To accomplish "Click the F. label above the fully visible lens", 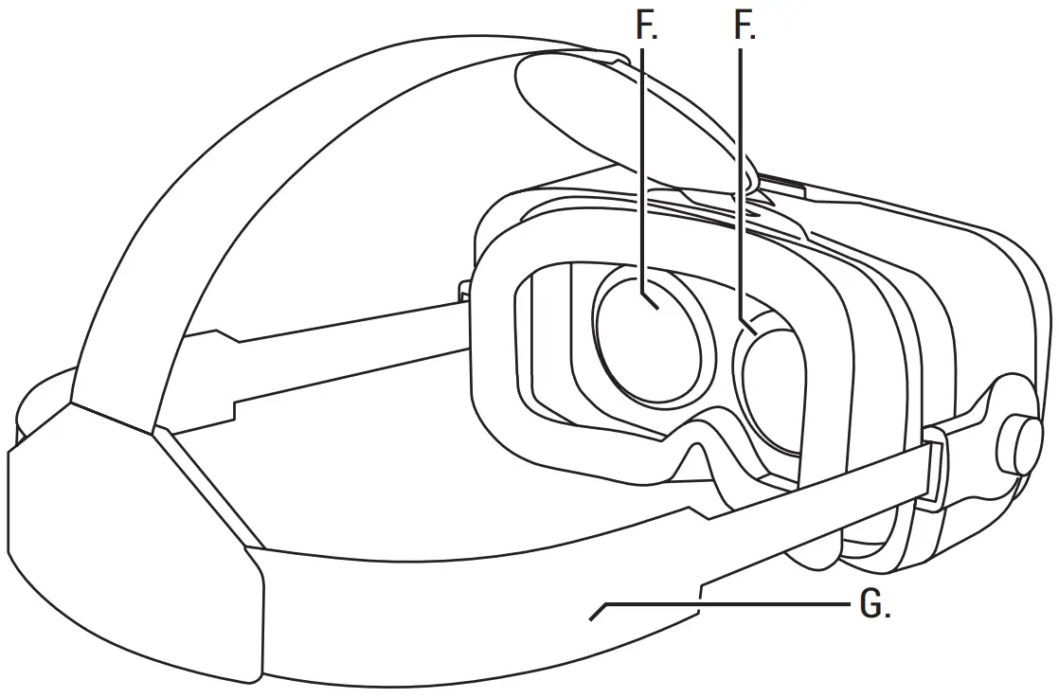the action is point(647,27).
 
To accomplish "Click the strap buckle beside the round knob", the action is point(933,469).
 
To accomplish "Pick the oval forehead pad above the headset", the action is point(606,114).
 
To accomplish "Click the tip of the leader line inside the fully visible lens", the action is point(652,303).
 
